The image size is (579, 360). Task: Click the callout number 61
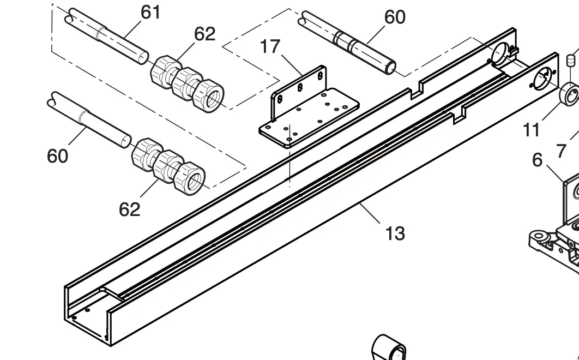pos(150,11)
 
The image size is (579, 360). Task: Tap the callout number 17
pos(270,47)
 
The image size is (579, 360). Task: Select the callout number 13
pos(395,233)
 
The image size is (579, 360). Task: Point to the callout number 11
pos(532,130)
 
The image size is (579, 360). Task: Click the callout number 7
pos(562,151)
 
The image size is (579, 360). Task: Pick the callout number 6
pos(538,160)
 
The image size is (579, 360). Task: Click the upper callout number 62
pos(204,34)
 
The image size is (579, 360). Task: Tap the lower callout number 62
pos(129,209)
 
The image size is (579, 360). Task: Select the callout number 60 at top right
pos(395,17)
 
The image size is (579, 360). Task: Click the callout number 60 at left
pos(57,156)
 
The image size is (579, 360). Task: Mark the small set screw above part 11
pos(571,59)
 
